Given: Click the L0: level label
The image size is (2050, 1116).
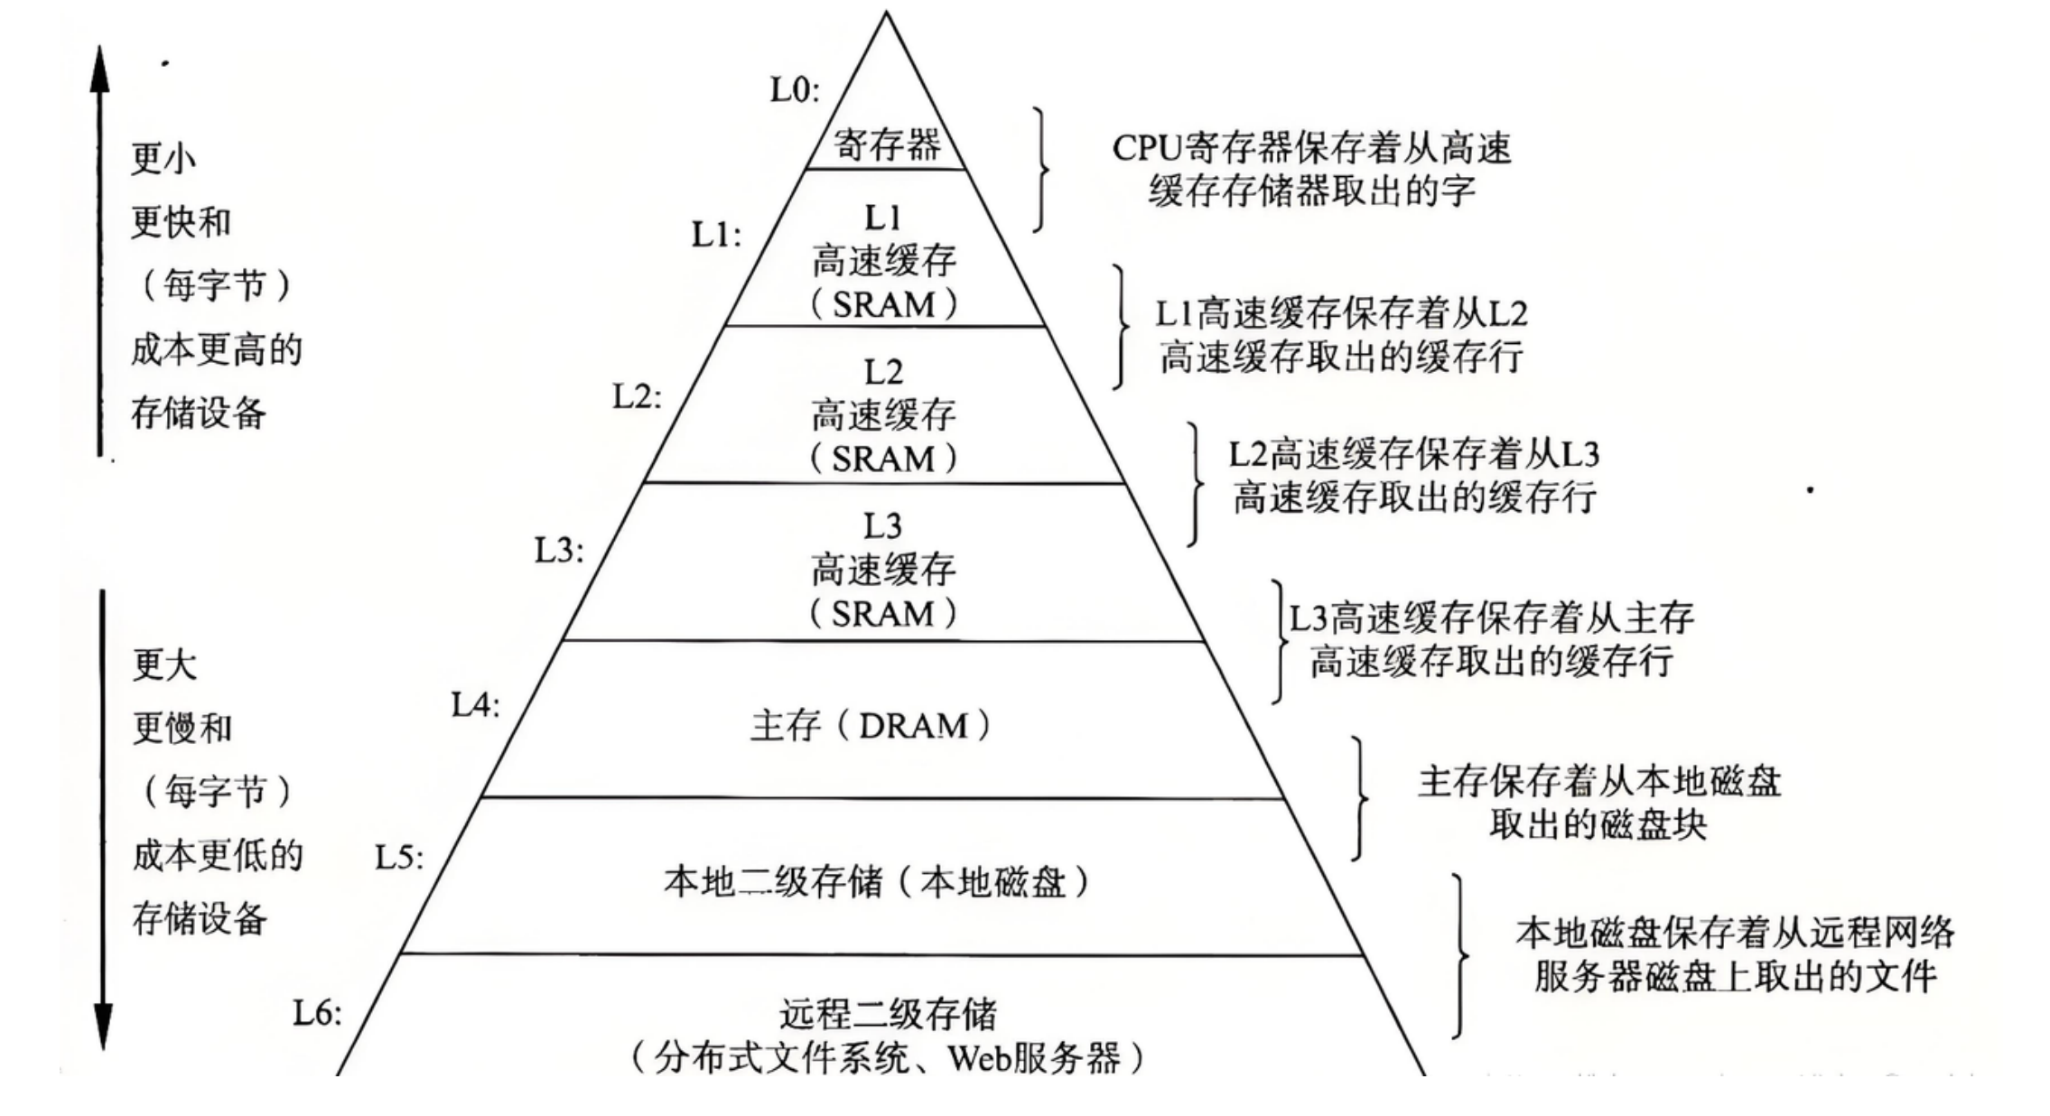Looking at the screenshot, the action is (x=794, y=90).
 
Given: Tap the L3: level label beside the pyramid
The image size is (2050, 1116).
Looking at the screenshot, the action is (x=559, y=550).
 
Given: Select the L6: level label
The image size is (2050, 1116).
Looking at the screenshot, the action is (x=318, y=1013).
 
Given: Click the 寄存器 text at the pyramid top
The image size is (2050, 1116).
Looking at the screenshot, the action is (x=886, y=144).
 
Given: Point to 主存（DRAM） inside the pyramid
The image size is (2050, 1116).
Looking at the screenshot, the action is (x=870, y=726).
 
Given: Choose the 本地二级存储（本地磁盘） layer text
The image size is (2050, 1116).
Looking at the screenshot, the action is (x=876, y=882).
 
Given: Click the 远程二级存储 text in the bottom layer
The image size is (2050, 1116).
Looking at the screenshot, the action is (x=888, y=1014).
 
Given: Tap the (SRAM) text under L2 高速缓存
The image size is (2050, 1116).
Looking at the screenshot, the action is (x=882, y=460).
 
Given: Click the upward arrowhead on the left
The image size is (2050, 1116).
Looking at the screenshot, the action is (x=100, y=68).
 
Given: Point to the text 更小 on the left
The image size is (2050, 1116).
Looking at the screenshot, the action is (x=163, y=159).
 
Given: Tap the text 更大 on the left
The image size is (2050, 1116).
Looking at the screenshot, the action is (x=164, y=665).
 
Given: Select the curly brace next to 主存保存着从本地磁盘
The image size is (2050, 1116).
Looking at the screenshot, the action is (x=1359, y=798).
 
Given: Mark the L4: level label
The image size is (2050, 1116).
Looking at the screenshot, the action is (x=475, y=704).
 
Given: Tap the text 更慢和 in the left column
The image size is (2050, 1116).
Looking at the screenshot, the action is (x=182, y=728).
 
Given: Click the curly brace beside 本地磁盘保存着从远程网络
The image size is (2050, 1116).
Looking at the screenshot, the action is (x=1459, y=955).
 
